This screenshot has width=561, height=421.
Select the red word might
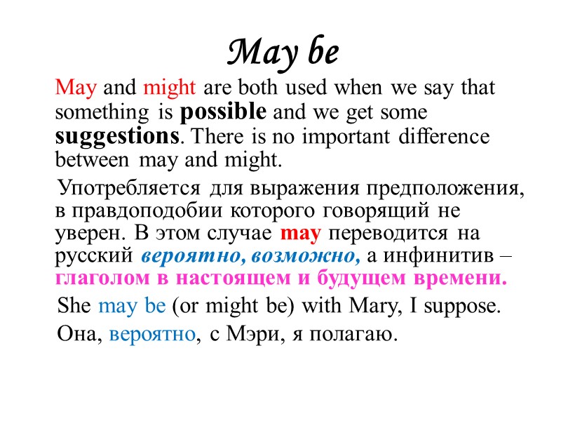pyautogui.click(x=172, y=89)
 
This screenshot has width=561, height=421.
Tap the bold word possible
pyautogui.click(x=223, y=112)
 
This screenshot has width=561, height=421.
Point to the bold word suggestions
pyautogui.click(x=116, y=135)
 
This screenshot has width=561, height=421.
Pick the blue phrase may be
pyautogui.click(x=133, y=306)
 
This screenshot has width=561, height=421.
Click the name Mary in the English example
pyautogui.click(x=366, y=306)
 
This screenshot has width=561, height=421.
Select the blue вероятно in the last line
pyautogui.click(x=152, y=334)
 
